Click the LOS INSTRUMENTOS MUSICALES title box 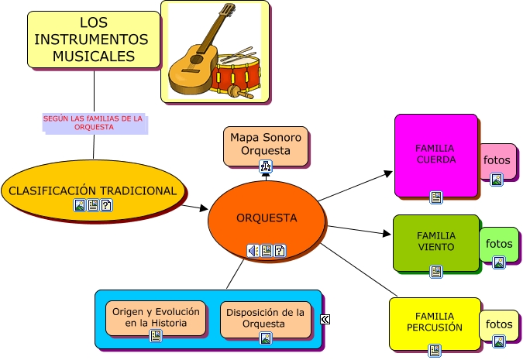(93, 39)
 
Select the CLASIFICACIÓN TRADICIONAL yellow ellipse (92, 190)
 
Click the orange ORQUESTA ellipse (267, 218)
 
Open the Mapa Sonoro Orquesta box (265, 145)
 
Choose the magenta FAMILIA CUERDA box (435, 155)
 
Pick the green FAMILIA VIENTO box (435, 242)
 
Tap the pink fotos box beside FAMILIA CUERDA (497, 161)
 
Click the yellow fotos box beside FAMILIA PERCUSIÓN (498, 324)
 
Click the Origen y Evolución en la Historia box (156, 317)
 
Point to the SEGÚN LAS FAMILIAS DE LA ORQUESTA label (93, 123)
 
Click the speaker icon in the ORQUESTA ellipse (253, 251)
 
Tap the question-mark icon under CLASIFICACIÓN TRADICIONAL (106, 205)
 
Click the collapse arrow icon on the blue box (326, 319)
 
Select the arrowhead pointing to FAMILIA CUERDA (389, 173)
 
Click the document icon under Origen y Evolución (156, 335)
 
